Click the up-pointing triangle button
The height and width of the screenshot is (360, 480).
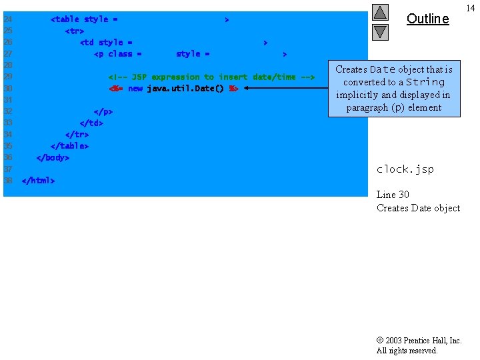(x=380, y=12)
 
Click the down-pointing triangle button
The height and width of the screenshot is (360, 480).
(x=380, y=31)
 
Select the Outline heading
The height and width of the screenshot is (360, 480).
(x=427, y=19)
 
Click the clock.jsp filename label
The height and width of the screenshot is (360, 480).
(x=405, y=169)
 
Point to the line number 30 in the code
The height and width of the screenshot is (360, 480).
(x=8, y=89)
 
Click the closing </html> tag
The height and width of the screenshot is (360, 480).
(x=38, y=181)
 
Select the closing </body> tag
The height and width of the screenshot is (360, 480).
(x=53, y=157)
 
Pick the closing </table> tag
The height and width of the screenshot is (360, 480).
(x=69, y=146)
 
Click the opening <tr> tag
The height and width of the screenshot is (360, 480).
(x=74, y=31)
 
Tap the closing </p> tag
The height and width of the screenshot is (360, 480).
(x=103, y=111)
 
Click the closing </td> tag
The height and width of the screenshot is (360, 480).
(x=91, y=123)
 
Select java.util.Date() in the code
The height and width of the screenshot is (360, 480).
(x=186, y=89)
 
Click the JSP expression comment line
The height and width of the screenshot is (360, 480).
(x=211, y=77)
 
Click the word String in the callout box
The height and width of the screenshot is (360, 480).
(x=425, y=82)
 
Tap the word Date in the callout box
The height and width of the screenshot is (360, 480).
(x=383, y=69)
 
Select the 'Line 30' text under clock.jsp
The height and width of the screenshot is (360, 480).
(x=393, y=195)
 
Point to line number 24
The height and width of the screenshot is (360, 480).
(x=8, y=19)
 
